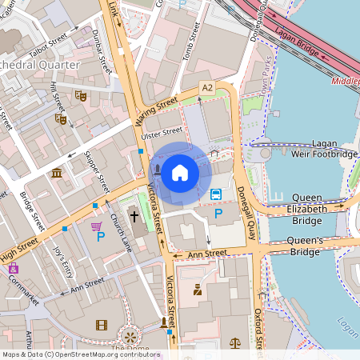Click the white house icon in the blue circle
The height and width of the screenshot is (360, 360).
(x=180, y=171)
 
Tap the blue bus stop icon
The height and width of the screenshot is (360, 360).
(x=216, y=194)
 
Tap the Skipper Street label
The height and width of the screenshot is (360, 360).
(x=96, y=170)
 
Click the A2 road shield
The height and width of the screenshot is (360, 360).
(x=208, y=86)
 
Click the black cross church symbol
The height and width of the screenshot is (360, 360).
(x=134, y=217)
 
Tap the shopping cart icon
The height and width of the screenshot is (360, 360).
(x=97, y=226)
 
